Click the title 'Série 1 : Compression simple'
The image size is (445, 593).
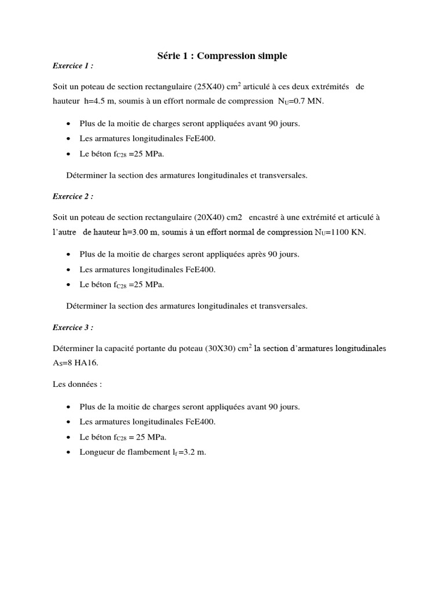[x=222, y=56]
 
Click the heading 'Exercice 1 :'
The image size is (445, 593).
[x=72, y=65]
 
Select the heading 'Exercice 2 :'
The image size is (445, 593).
[x=72, y=196]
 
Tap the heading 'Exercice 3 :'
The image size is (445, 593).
[x=72, y=327]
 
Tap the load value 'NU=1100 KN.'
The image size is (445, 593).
[x=340, y=232]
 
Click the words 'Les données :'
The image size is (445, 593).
[x=77, y=385]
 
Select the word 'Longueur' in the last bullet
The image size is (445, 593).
[x=96, y=452]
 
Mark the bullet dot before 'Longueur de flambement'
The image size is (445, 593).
[x=69, y=452]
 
